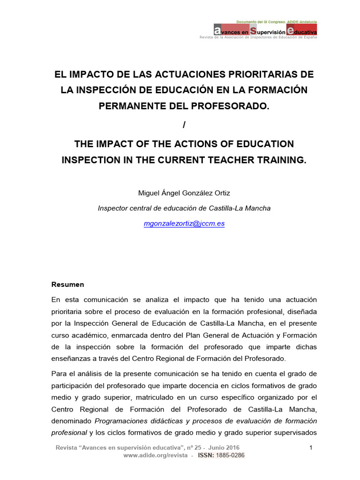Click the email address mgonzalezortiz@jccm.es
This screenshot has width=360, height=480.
pos(184,224)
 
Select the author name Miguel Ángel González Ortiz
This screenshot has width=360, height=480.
pos(184,193)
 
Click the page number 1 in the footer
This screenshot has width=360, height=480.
pos(311,448)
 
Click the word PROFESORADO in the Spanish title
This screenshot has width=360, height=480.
pos(234,106)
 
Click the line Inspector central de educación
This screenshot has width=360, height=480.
pos(184,208)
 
